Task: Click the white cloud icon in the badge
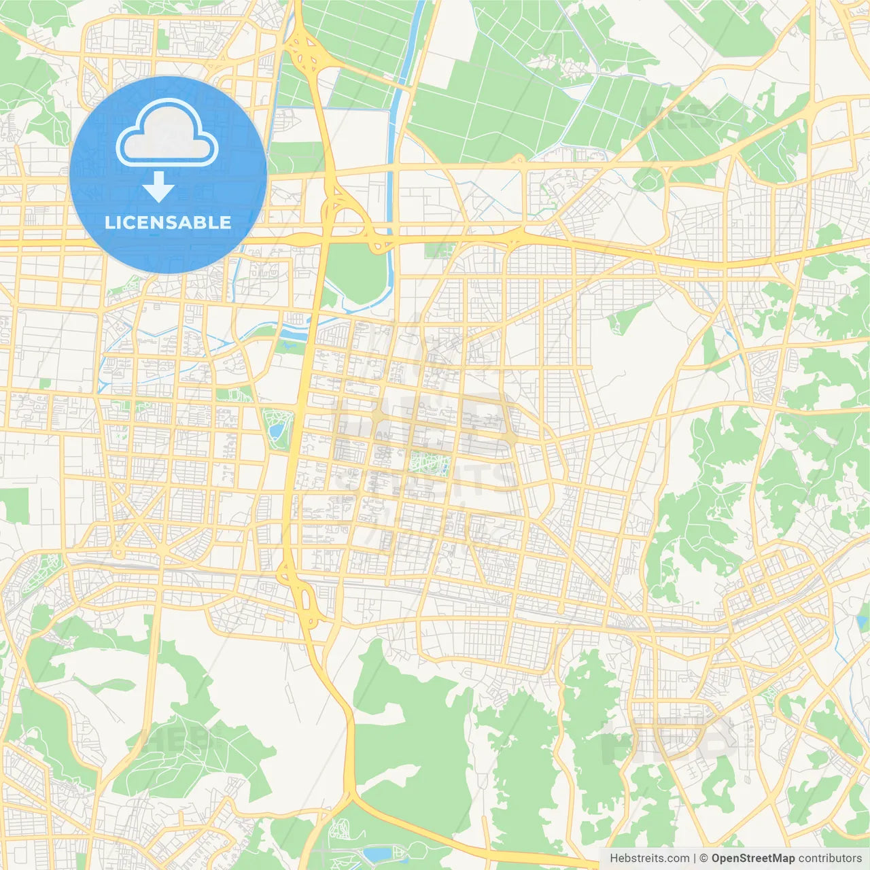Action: [167, 137]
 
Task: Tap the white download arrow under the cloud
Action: [158, 187]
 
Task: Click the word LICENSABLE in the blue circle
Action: [168, 222]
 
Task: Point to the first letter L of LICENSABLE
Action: [109, 222]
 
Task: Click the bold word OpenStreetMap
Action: [752, 858]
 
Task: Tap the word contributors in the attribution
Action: [830, 858]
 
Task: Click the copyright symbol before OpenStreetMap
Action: [703, 858]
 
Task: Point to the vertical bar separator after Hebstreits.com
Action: [694, 858]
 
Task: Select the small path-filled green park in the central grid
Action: [430, 464]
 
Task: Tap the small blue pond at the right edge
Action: [863, 621]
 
